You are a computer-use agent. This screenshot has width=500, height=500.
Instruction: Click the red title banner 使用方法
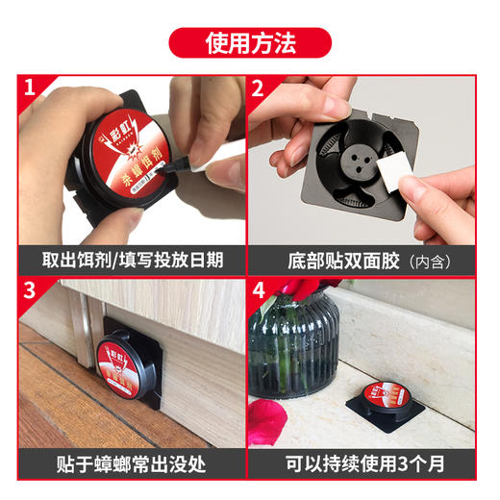coord(249,42)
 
